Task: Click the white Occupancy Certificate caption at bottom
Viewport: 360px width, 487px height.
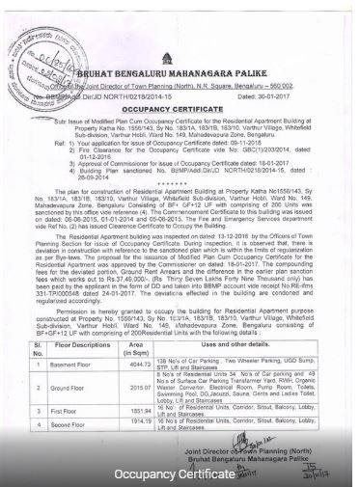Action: [180, 473]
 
